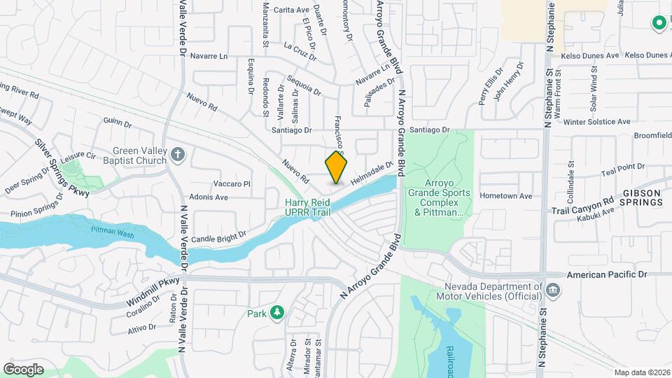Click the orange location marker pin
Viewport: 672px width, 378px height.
point(337,168)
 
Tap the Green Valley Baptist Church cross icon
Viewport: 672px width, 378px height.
point(178,153)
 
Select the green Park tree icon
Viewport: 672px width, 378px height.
point(278,312)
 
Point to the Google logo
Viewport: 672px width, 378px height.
point(23,369)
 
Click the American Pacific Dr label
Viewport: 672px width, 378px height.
point(605,275)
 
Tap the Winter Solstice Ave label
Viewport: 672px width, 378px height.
point(597,121)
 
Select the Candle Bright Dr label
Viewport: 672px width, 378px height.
point(219,239)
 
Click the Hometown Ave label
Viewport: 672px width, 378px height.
point(506,196)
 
